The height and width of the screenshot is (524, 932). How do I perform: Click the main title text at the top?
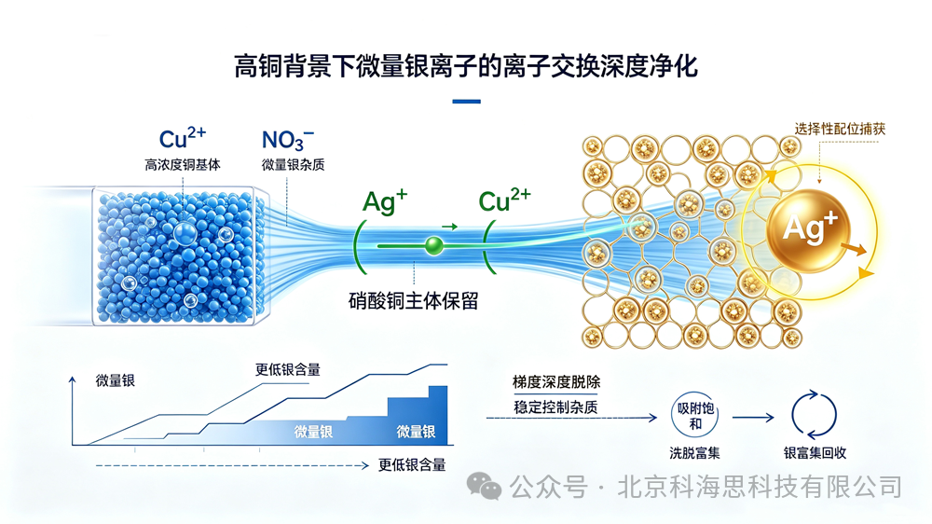[x=466, y=66]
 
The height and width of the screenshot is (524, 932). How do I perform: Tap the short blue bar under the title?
[x=467, y=102]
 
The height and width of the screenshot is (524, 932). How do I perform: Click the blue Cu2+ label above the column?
[x=183, y=138]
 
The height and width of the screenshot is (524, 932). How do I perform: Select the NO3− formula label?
[x=288, y=140]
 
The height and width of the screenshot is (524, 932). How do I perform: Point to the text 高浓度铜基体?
[x=183, y=165]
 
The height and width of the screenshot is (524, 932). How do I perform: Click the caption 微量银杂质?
[x=293, y=165]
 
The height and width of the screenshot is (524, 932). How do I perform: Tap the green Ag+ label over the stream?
[x=385, y=201]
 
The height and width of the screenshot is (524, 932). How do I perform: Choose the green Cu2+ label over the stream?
[x=504, y=200]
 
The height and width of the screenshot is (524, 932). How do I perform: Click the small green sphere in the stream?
[x=434, y=245]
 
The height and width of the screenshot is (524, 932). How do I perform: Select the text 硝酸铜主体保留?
[x=414, y=301]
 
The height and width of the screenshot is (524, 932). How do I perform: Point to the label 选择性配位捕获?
[x=840, y=129]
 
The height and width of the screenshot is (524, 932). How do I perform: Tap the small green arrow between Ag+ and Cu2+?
[x=450, y=227]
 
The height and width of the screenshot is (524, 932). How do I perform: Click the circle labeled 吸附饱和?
[x=695, y=415]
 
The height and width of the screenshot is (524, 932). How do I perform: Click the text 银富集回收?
[x=815, y=453]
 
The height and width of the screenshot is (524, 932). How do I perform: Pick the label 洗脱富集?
[x=695, y=453]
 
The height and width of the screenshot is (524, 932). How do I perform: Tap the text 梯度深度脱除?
[x=556, y=382]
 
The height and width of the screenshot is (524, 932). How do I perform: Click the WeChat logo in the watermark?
[x=484, y=487]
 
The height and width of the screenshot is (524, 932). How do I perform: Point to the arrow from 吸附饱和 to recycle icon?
[x=753, y=418]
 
